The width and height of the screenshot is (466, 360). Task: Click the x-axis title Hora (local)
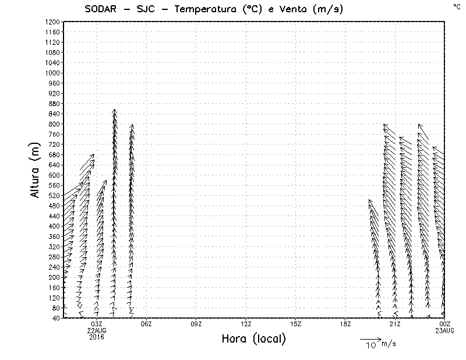click(x=253, y=339)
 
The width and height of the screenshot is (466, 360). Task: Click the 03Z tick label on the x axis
click(x=97, y=323)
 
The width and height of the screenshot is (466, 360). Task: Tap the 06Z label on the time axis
click(x=146, y=323)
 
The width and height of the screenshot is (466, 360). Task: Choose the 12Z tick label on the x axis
click(x=246, y=323)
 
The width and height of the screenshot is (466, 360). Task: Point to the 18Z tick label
click(x=345, y=323)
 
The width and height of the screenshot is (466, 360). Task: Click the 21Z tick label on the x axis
click(x=395, y=323)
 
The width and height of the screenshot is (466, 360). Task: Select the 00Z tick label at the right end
click(x=445, y=323)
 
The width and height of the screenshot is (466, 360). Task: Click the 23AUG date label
click(x=445, y=330)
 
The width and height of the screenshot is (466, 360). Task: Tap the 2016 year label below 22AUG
click(x=97, y=336)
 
